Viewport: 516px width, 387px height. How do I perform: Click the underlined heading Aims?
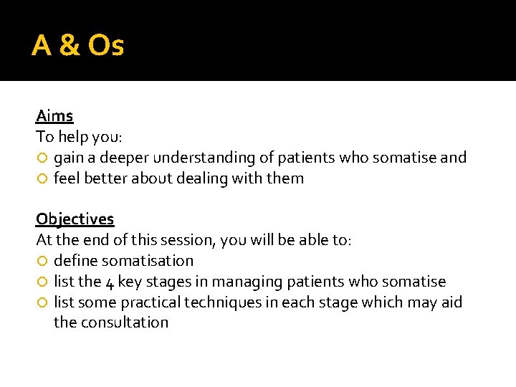(54, 115)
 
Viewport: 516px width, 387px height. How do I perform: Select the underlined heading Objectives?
(75, 219)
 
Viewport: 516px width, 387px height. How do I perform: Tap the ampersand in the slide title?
(69, 46)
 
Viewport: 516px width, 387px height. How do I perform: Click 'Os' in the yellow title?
(105, 46)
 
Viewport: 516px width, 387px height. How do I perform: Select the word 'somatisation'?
(148, 261)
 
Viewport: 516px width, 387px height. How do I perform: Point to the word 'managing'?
(245, 282)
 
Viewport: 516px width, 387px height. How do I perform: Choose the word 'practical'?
(150, 302)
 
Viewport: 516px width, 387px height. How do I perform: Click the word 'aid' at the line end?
(451, 302)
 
